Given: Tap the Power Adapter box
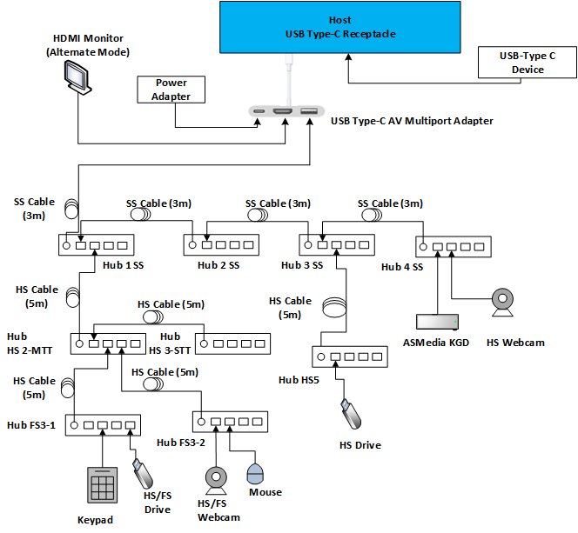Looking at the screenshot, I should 171,90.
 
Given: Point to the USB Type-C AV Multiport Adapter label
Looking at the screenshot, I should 412,121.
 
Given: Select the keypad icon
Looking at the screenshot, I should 102,485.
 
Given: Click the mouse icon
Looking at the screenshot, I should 255,473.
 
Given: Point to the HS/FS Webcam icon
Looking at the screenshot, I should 215,481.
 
